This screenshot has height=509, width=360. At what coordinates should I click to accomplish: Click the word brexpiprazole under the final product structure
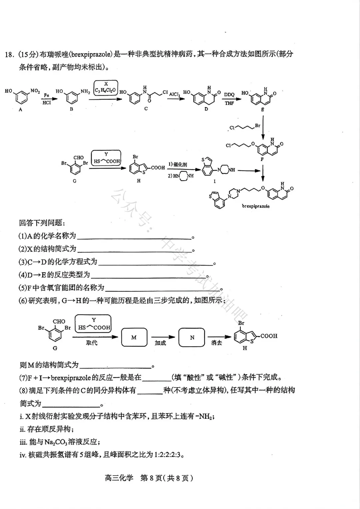(x=256, y=206)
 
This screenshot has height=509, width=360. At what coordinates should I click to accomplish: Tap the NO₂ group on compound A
(x=35, y=91)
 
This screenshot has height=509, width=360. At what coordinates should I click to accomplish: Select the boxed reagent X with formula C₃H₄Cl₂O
(x=105, y=88)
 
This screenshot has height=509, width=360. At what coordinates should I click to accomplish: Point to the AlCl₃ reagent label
(x=174, y=94)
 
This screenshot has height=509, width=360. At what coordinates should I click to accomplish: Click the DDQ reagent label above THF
(x=229, y=95)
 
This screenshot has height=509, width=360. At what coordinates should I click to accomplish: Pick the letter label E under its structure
(x=263, y=109)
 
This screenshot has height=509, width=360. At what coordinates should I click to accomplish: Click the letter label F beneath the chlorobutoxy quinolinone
(x=262, y=159)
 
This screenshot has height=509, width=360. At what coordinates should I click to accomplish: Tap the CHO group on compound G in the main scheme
(x=78, y=157)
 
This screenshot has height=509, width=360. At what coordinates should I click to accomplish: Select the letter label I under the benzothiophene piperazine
(x=214, y=181)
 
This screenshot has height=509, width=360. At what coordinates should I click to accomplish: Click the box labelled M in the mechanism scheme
(x=134, y=337)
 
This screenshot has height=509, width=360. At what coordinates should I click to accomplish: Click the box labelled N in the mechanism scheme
(x=192, y=338)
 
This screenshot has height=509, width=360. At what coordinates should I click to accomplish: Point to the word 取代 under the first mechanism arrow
(x=91, y=343)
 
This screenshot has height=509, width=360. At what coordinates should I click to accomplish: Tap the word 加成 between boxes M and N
(x=160, y=343)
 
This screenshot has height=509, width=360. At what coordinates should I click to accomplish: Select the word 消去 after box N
(x=217, y=343)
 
